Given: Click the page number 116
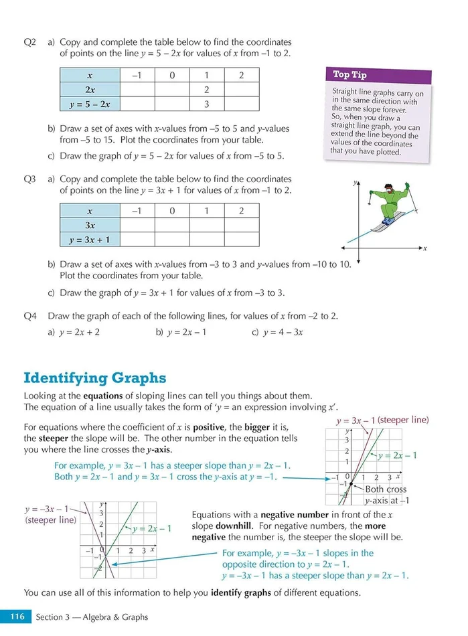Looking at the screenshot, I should [15, 617].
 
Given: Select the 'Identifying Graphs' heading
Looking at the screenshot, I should [94, 378].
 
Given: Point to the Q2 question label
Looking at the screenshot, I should [30, 42].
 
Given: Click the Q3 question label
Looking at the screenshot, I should [30, 179].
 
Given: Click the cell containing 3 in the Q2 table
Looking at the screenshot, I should [207, 104].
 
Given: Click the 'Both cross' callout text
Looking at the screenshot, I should [386, 489].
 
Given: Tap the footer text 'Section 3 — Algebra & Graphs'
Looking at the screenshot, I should [92, 617].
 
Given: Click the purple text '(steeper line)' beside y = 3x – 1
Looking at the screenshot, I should [403, 420].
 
